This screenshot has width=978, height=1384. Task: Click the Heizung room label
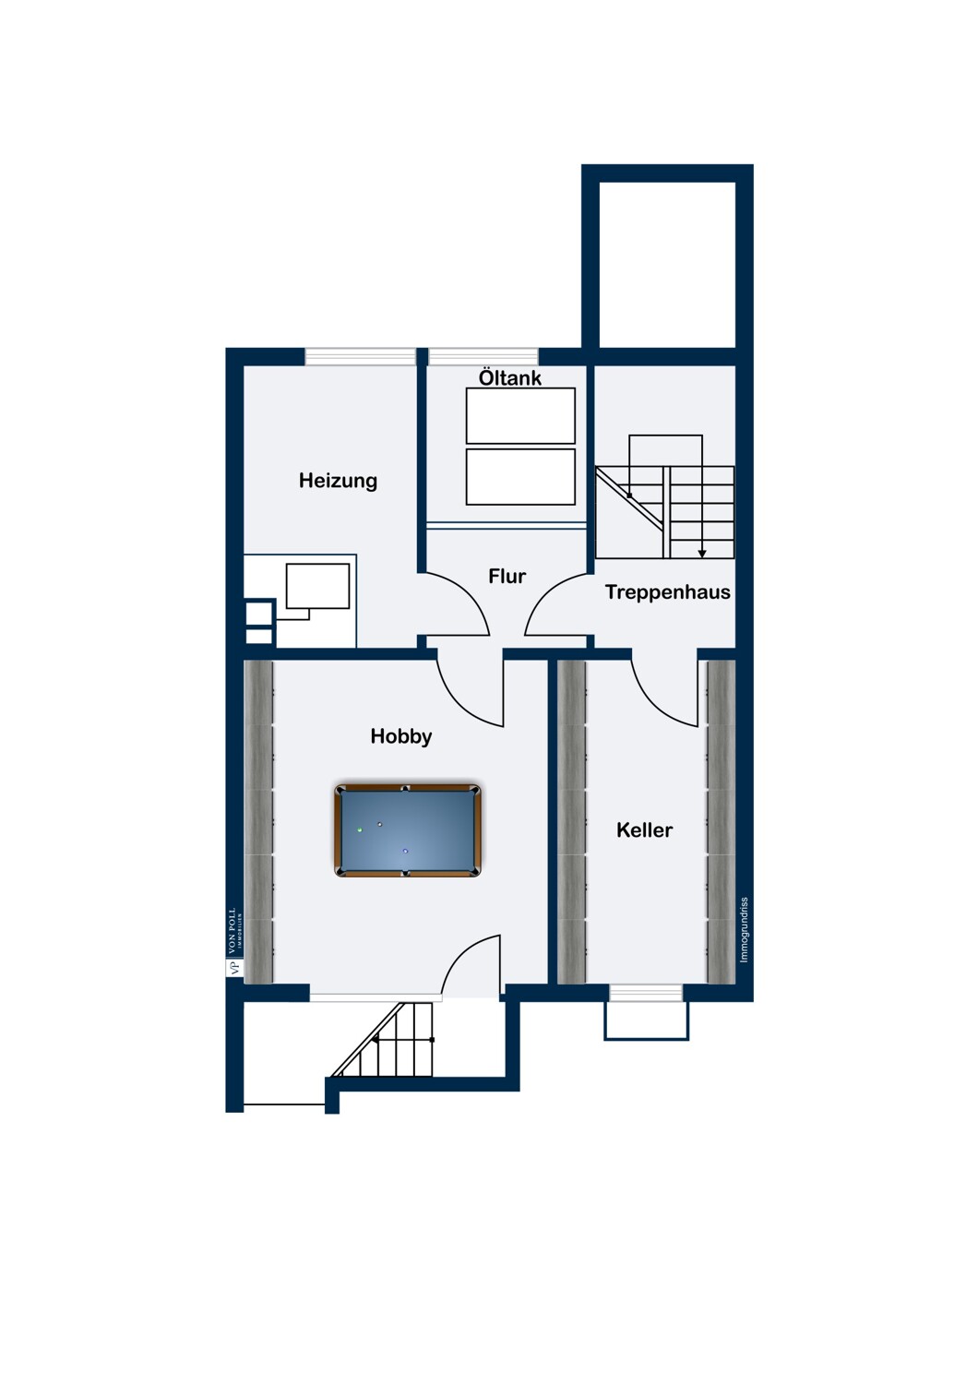pyautogui.click(x=338, y=481)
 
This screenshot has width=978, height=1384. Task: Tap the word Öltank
pyautogui.click(x=510, y=377)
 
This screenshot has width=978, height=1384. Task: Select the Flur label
pyautogui.click(x=507, y=577)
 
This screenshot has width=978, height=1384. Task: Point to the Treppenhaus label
pyautogui.click(x=667, y=592)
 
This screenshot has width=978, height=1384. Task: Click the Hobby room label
pyautogui.click(x=400, y=736)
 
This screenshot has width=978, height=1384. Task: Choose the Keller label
pyautogui.click(x=644, y=830)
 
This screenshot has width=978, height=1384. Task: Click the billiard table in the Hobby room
pyautogui.click(x=407, y=830)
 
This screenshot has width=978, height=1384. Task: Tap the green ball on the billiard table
pyautogui.click(x=360, y=830)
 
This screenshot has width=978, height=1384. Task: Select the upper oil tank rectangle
pyautogui.click(x=520, y=415)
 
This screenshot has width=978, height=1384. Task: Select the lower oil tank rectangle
pyautogui.click(x=520, y=476)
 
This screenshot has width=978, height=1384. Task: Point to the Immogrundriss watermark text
pyautogui.click(x=745, y=930)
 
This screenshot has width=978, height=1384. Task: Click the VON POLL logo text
pyautogui.click(x=232, y=932)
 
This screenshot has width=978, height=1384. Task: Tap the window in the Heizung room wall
pyautogui.click(x=360, y=356)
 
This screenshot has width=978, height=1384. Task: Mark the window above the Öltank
pyautogui.click(x=483, y=356)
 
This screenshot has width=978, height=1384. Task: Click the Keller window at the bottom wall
pyautogui.click(x=646, y=993)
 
